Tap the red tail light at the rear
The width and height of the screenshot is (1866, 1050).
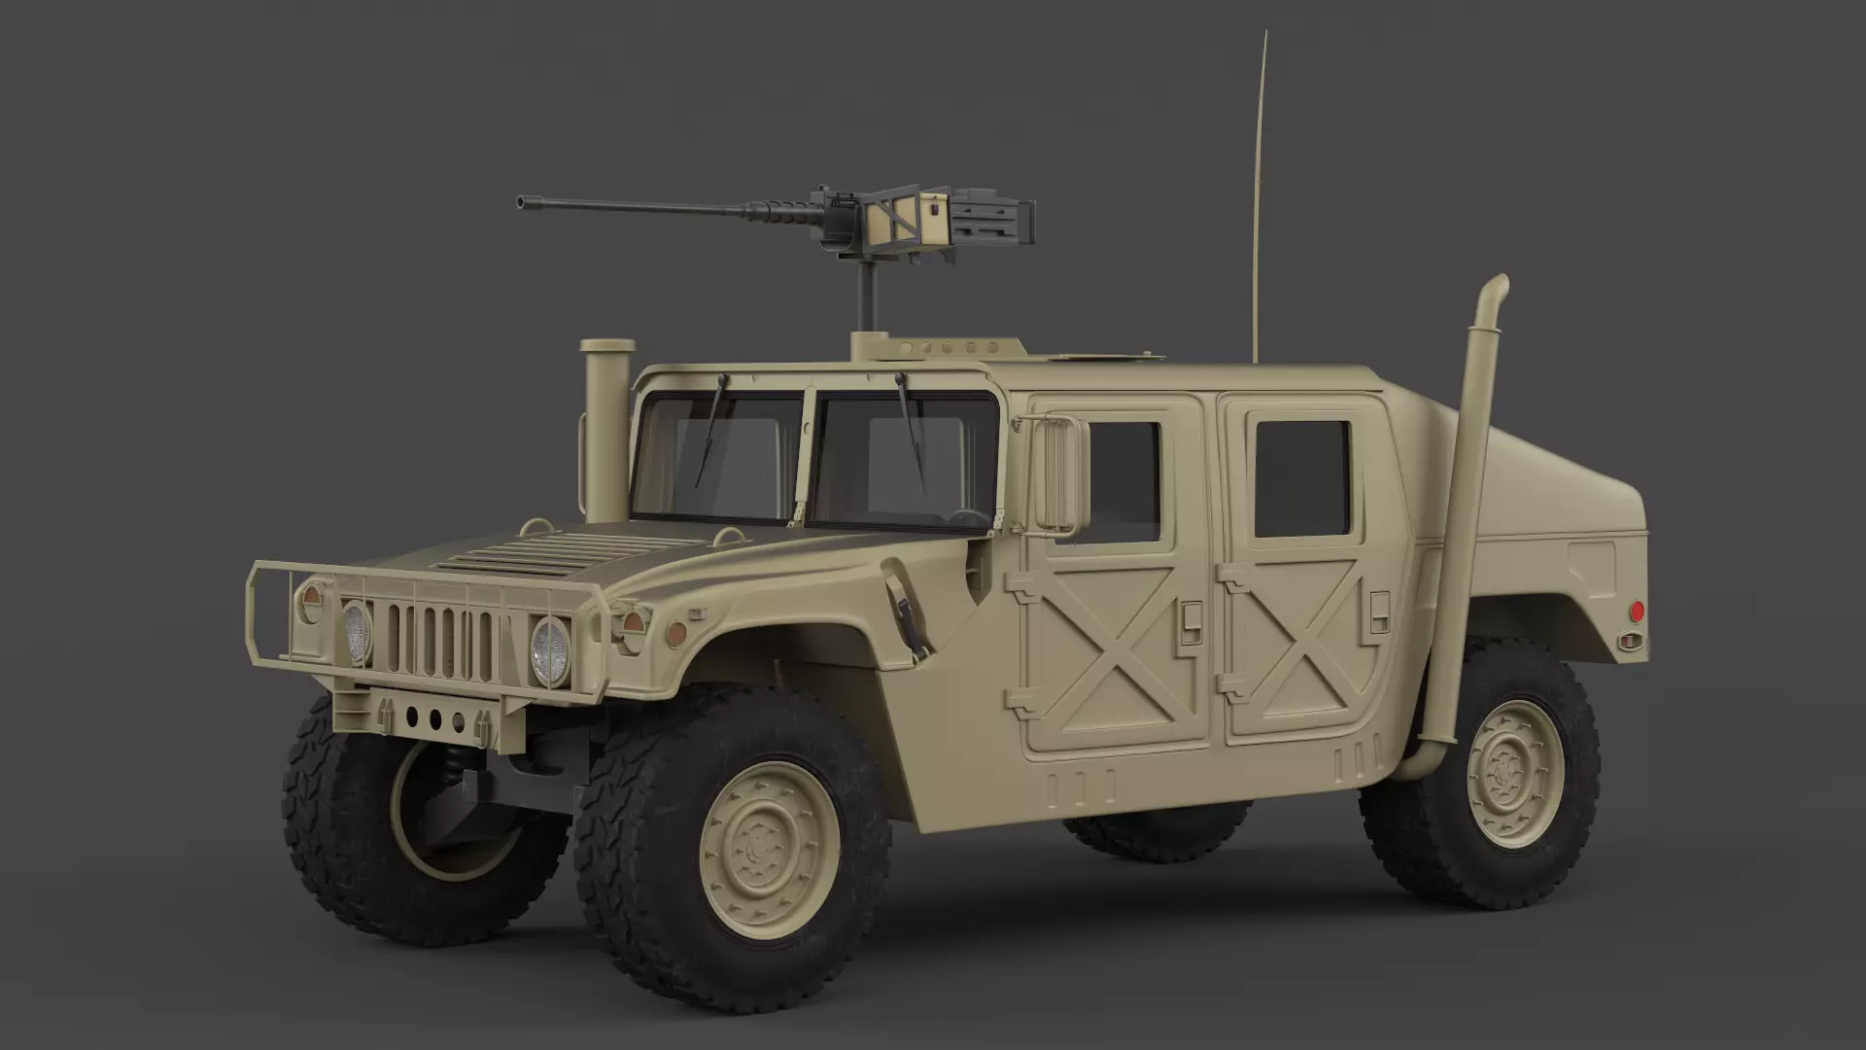tap(1636, 611)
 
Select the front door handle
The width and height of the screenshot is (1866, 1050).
tap(1191, 615)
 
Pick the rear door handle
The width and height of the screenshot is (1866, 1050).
tap(1379, 611)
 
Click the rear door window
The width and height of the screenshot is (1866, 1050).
tap(1302, 478)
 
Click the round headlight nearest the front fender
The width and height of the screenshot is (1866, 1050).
tap(549, 651)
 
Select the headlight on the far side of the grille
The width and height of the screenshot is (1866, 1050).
tap(358, 632)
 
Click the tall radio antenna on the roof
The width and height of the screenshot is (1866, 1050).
tap(1260, 194)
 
